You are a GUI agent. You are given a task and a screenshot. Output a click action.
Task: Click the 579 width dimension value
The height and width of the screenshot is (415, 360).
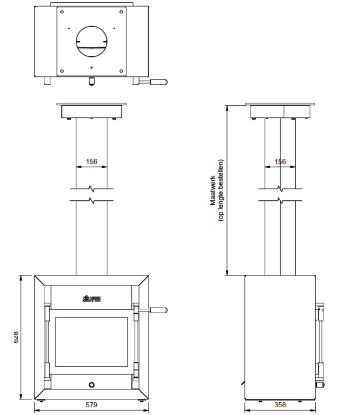click(x=91, y=404)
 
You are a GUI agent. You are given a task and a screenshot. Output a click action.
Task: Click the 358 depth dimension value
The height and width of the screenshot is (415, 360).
click(x=280, y=404)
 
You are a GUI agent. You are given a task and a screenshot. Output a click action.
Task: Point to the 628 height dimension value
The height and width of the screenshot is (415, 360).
click(x=16, y=336)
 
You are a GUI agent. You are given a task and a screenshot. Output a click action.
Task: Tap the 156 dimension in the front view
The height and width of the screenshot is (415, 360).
click(x=91, y=162)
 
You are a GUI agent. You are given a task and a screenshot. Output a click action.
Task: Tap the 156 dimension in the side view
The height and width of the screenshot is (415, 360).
click(x=280, y=162)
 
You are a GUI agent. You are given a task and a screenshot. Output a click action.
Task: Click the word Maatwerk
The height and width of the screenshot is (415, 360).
click(x=212, y=190)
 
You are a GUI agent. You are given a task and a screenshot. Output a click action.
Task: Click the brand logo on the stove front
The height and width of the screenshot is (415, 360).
click(x=91, y=300)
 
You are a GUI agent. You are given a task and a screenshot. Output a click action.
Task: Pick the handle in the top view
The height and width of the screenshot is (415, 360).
click(x=157, y=82)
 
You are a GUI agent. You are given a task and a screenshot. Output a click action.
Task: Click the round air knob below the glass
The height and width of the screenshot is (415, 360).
click(x=92, y=384)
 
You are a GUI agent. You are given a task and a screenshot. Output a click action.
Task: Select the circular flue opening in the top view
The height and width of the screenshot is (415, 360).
click(x=92, y=41)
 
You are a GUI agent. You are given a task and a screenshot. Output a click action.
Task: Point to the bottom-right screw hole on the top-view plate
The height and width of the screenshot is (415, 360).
click(x=122, y=70)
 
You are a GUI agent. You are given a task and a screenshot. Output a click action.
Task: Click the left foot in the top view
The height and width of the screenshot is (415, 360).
click(x=48, y=81)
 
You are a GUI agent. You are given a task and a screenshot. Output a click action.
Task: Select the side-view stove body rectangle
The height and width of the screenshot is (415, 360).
click(x=280, y=338)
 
